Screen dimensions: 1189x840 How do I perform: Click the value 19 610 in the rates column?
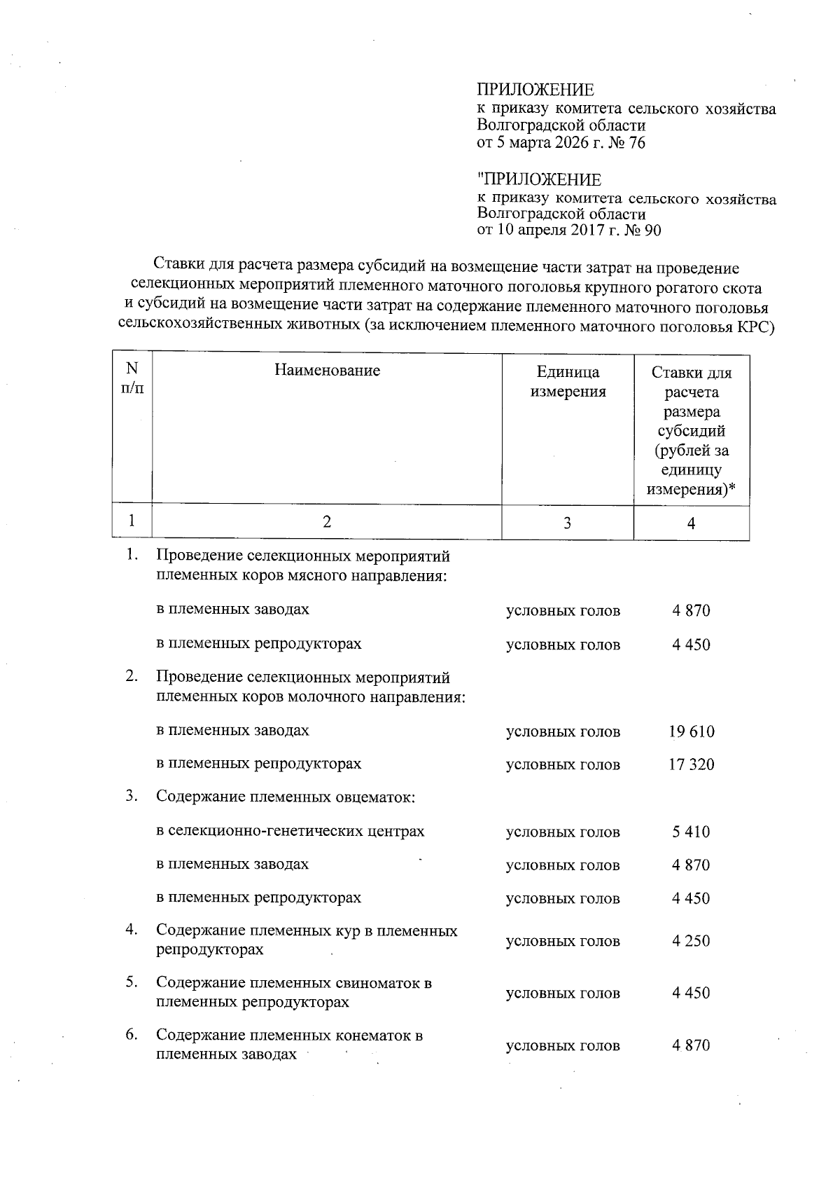(691, 732)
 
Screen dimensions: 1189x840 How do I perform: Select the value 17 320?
(691, 764)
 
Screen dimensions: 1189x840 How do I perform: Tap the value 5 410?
(691, 832)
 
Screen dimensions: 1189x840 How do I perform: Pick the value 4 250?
(691, 940)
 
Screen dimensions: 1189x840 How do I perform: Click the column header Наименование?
(327, 370)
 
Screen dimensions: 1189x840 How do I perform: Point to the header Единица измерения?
(568, 381)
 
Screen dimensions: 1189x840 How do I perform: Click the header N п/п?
(132, 378)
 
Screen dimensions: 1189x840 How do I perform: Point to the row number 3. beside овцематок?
(131, 796)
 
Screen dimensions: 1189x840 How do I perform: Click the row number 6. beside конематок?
(131, 1034)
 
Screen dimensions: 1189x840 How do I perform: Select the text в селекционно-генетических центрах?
(290, 832)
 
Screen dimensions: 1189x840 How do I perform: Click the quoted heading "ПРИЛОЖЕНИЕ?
(538, 180)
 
